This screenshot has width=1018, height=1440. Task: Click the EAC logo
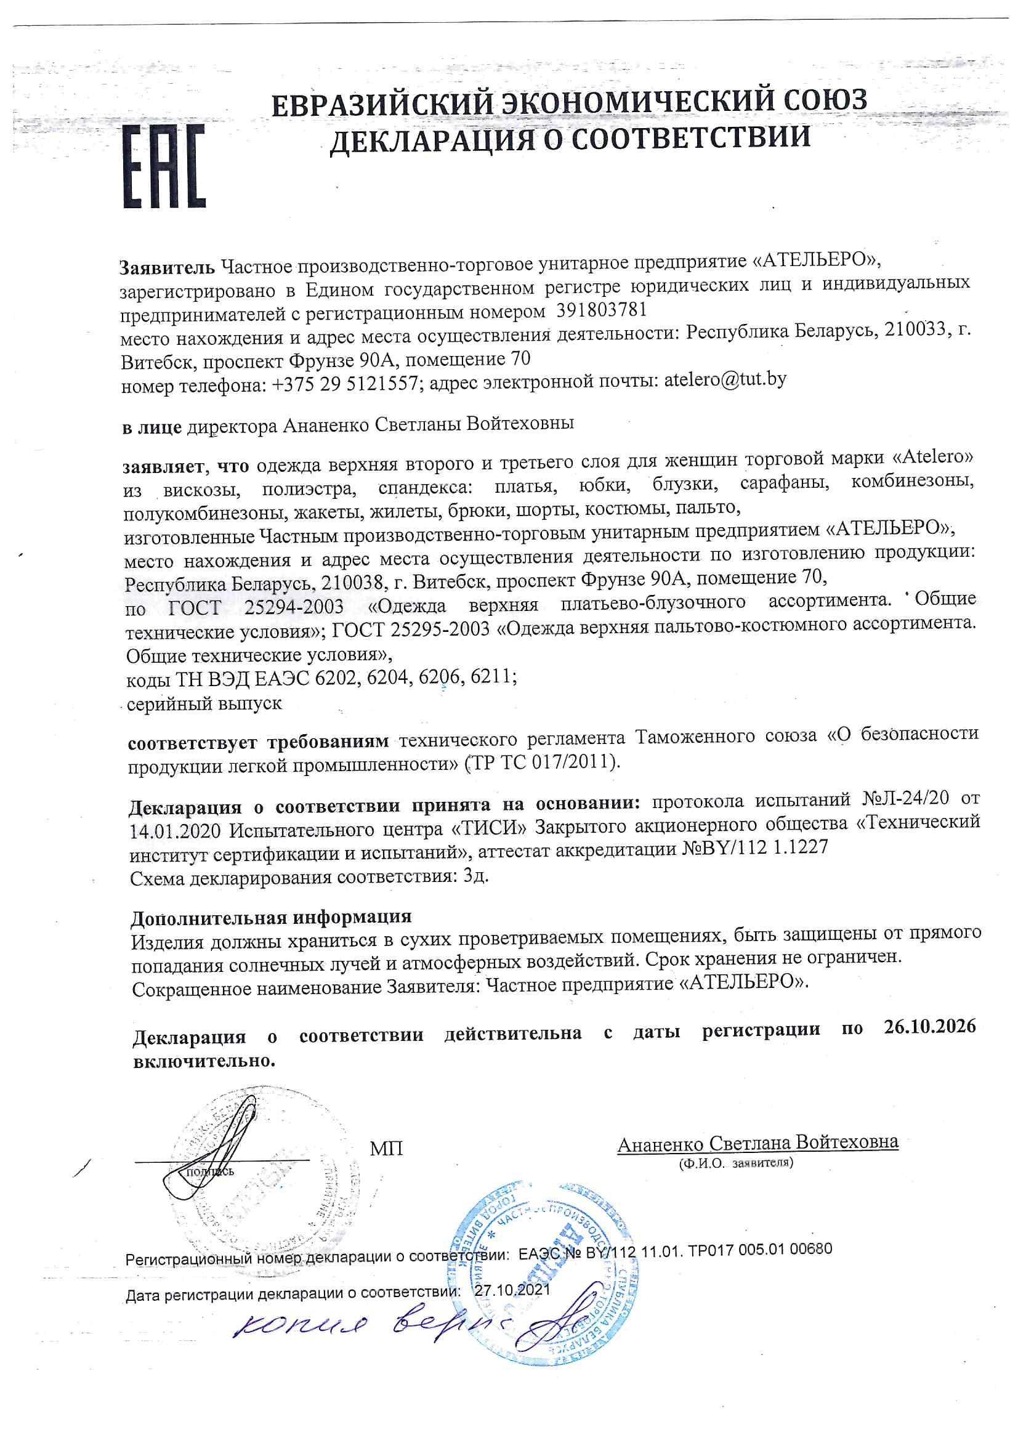pos(164,166)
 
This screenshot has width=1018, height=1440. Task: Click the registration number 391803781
pos(601,310)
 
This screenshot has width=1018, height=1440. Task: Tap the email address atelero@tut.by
pos(725,379)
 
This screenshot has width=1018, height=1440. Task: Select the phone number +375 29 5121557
pos(345,383)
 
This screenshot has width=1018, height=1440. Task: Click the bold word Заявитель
pos(167,268)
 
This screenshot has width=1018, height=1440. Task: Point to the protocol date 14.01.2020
pos(175,831)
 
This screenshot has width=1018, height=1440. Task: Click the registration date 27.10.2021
pos(512,1290)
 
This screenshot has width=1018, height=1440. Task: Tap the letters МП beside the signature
pos(386,1148)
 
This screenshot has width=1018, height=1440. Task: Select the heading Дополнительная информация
pos(271,918)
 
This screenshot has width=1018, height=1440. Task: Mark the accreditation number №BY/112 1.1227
pos(754,848)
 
